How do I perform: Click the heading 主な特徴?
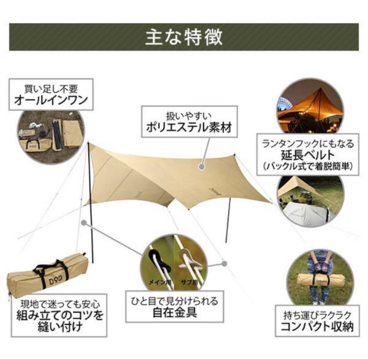(x=184, y=37)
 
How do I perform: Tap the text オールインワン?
(x=51, y=101)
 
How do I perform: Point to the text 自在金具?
(x=174, y=313)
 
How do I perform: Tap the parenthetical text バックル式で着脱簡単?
(x=308, y=167)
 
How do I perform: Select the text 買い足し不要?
(x=51, y=89)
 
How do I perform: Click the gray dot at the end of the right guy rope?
(x=224, y=263)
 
